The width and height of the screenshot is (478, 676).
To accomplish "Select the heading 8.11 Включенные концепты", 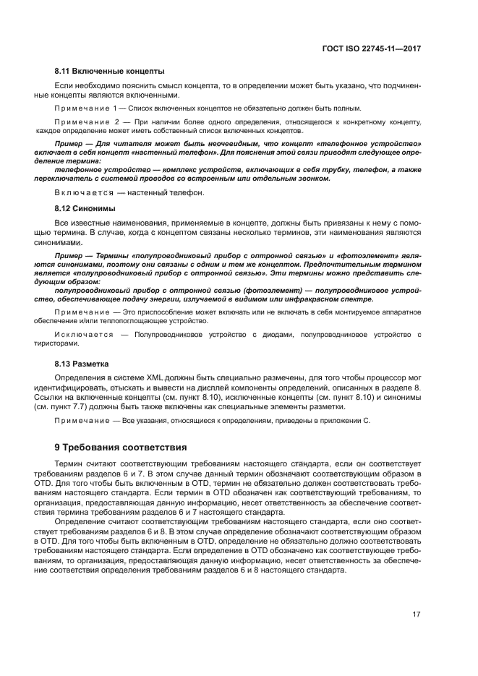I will [x=109, y=71].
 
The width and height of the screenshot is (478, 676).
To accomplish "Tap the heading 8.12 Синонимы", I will [x=85, y=208].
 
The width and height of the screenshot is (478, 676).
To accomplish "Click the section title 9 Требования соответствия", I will [x=121, y=447].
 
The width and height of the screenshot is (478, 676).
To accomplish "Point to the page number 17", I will [x=417, y=615].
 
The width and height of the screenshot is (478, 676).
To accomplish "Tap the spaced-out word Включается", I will [x=79, y=193].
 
